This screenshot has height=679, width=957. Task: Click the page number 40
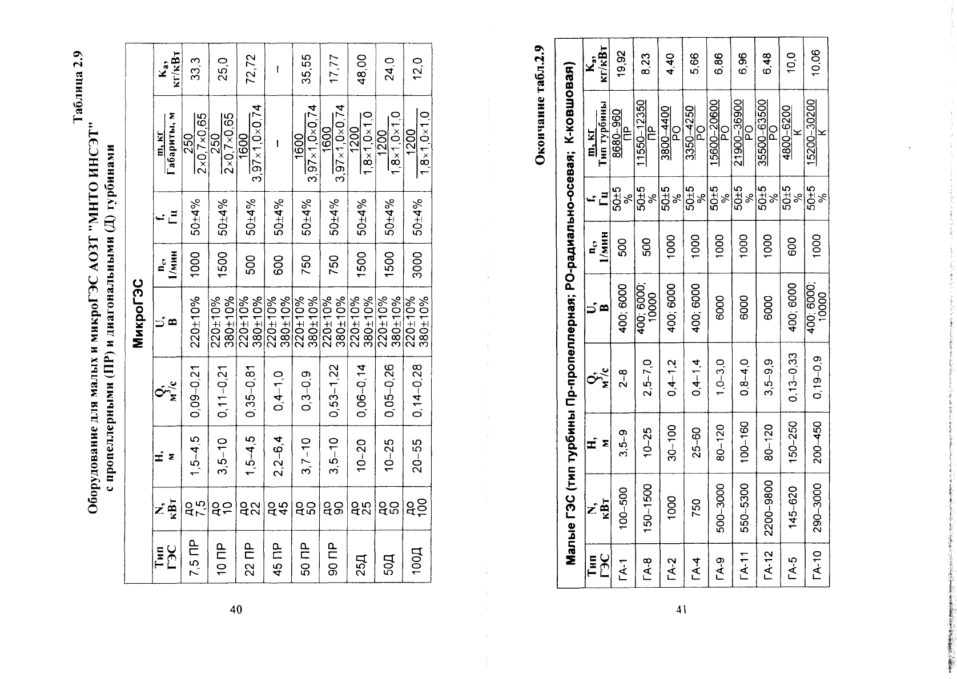pyautogui.click(x=236, y=609)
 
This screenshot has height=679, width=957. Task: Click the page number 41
pyautogui.click(x=681, y=609)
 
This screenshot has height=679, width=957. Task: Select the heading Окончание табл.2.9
pyautogui.click(x=540, y=104)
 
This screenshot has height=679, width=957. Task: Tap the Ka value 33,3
pyautogui.click(x=195, y=69)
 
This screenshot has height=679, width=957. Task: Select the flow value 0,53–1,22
pyautogui.click(x=334, y=390)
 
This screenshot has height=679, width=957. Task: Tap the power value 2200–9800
pyautogui.click(x=768, y=508)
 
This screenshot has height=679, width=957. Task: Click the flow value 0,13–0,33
pyautogui.click(x=792, y=377)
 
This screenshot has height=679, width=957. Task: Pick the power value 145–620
pyautogui.click(x=792, y=508)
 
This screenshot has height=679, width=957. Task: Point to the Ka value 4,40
pyautogui.click(x=670, y=64)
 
